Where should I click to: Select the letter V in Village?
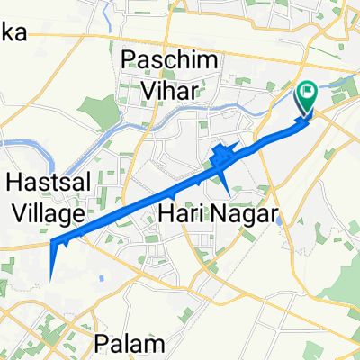[13, 214]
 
